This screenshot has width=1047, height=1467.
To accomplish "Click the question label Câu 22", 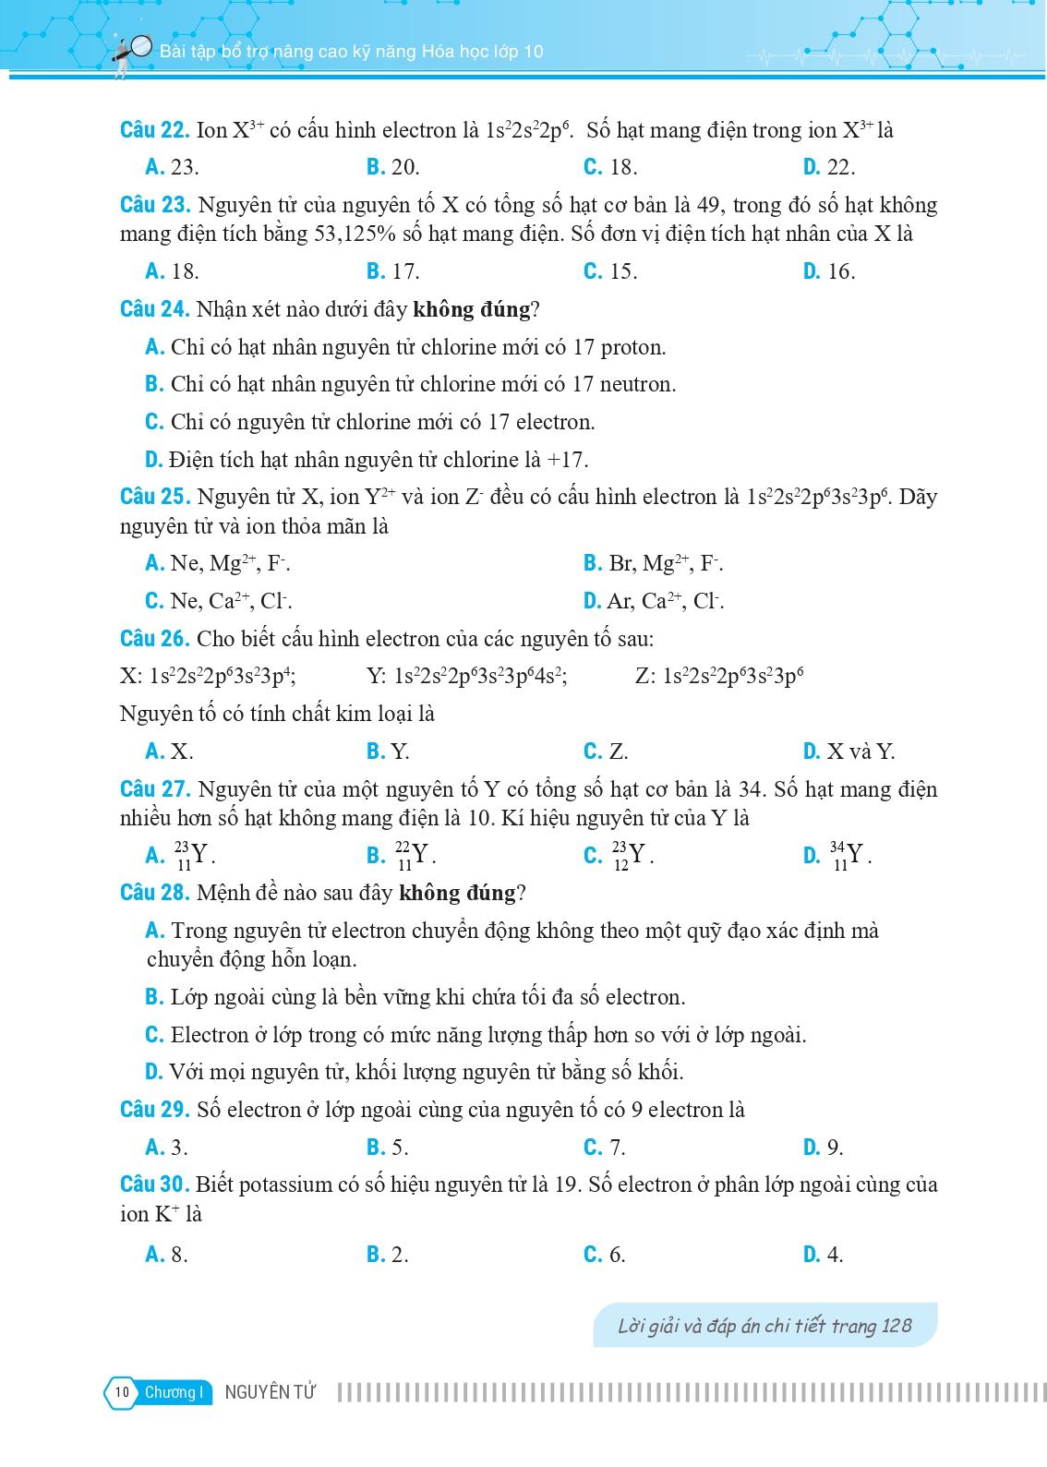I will click(154, 130).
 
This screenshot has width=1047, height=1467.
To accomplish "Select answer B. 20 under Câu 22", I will click(393, 167).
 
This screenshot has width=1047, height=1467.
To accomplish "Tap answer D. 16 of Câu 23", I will click(829, 271).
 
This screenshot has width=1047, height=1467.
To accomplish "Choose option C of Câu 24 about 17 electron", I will click(370, 423).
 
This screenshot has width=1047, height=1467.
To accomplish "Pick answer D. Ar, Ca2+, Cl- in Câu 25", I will click(654, 602).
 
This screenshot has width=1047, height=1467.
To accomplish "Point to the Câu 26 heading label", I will click(154, 639).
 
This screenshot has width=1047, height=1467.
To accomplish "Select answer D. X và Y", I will click(848, 752).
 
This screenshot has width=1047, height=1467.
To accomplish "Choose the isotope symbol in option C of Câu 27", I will click(632, 856).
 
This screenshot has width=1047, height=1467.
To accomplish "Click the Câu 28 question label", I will click(154, 893).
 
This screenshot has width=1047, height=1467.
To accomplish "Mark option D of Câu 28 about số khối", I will click(415, 1072).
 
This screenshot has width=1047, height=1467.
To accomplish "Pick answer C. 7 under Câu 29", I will click(605, 1148).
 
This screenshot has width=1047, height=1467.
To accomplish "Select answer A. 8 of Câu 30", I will click(167, 1254).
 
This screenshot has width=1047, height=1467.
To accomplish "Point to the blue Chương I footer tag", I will click(173, 1392).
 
